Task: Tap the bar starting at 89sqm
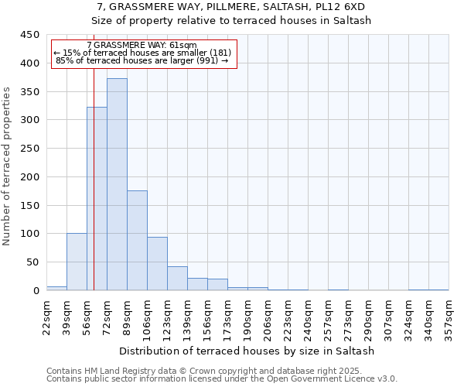tap(137, 240)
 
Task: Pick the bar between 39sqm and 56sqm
tap(77, 262)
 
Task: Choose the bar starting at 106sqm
tap(157, 263)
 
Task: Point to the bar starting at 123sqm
tap(177, 278)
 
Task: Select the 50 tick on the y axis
tap(32, 262)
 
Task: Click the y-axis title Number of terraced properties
tap(8, 166)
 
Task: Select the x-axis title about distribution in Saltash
tap(247, 351)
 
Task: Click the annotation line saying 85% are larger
tap(142, 60)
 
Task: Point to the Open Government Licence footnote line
tap(222, 379)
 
